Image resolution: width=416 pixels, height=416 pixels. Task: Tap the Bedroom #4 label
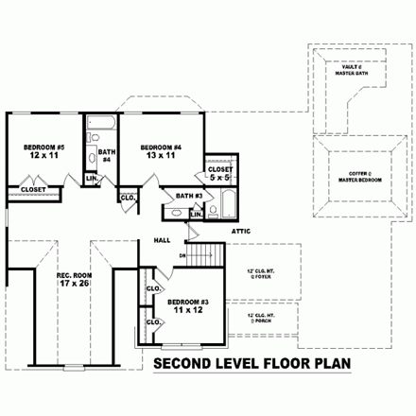(160, 147)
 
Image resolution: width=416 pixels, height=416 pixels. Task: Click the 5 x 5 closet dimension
(219, 177)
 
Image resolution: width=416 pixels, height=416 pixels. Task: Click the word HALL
(162, 240)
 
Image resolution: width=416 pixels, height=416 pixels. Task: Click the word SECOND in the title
(182, 363)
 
